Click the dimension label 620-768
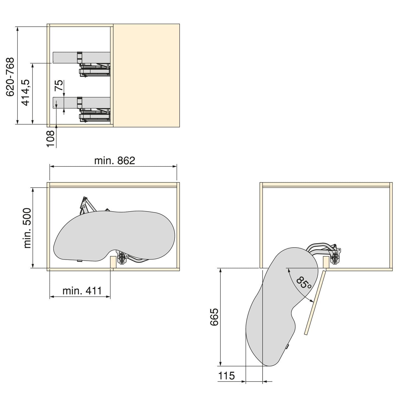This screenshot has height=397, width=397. pyautogui.click(x=10, y=77)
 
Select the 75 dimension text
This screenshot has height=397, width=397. pyautogui.click(x=59, y=86)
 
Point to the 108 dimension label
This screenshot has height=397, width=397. pyautogui.click(x=51, y=138)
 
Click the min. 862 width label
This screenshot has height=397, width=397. pyautogui.click(x=115, y=161)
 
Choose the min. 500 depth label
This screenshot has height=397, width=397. pyautogui.click(x=27, y=228)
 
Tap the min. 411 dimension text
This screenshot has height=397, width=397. pyautogui.click(x=82, y=290)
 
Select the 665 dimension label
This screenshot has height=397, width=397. pyautogui.click(x=214, y=317)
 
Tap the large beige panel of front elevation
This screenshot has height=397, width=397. pyautogui.click(x=146, y=75)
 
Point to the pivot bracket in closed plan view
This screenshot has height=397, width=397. pyautogui.click(x=121, y=259)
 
